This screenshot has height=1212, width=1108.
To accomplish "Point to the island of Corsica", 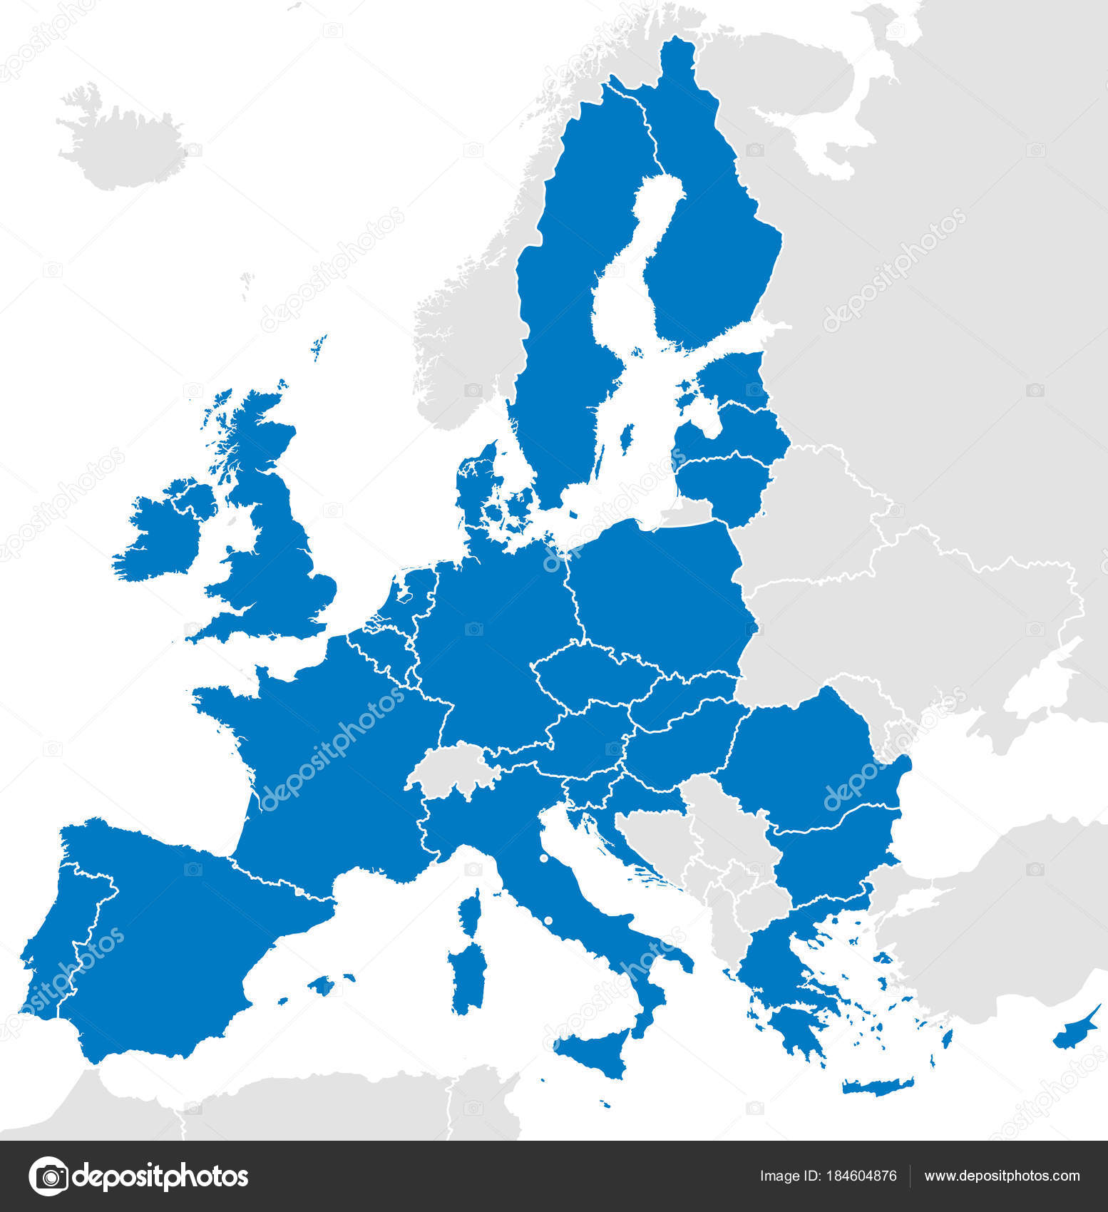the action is click(471, 910).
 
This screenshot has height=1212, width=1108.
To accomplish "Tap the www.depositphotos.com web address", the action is click(1002, 1176).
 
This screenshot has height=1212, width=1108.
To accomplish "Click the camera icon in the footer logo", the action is click(48, 1176).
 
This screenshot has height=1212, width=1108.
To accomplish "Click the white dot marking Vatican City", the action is click(548, 921).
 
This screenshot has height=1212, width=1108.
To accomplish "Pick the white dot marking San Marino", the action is click(544, 858).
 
